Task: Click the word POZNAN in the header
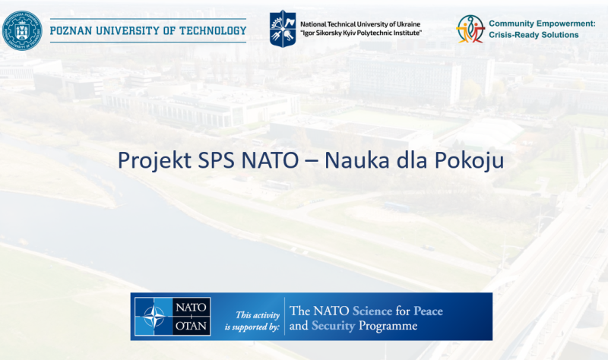(71, 31)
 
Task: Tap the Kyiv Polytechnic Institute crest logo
(283, 29)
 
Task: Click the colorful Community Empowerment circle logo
(470, 29)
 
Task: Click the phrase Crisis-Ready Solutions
(533, 35)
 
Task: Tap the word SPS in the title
(217, 161)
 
